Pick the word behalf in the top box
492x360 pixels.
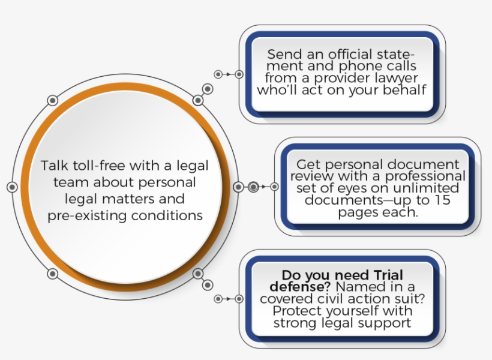(406, 91)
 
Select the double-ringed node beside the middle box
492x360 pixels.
(253, 187)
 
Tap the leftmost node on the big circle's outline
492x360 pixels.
(11, 187)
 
